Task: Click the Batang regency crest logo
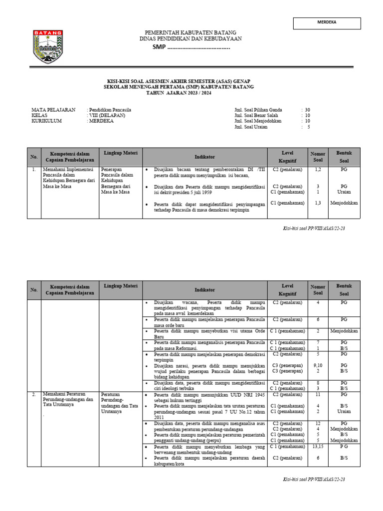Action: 48,47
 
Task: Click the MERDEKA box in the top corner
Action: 327,23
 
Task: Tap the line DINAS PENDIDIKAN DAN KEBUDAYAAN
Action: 191,39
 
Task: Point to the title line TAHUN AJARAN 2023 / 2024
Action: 178,93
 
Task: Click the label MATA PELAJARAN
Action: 53,109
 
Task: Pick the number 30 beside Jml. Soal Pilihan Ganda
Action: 307,109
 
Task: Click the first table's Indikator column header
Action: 204,157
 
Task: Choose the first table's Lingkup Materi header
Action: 121,153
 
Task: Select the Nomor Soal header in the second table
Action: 318,289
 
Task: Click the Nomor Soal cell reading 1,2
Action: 318,170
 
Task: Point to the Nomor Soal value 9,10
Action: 318,365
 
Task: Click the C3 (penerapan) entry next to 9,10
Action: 287,365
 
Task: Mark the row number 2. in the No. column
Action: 33,394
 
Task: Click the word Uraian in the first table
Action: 344,192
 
